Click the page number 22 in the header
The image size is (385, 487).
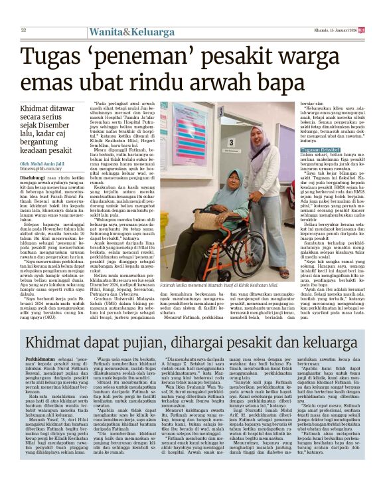(x=23, y=30)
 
